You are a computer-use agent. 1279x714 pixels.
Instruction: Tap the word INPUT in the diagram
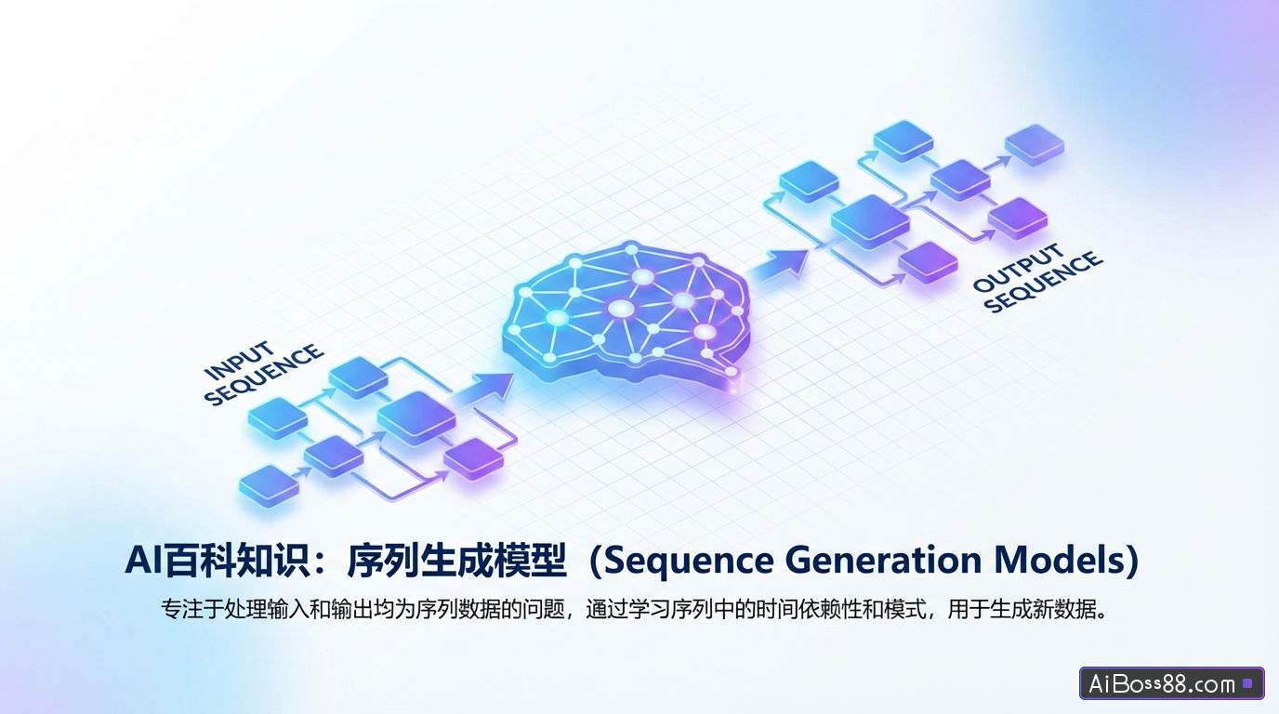239,361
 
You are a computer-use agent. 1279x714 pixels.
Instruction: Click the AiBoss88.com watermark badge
1171,683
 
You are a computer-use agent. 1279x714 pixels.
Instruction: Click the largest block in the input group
415,415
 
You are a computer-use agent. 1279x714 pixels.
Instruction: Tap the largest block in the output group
869,220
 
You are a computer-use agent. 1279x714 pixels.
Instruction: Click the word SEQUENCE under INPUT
264,376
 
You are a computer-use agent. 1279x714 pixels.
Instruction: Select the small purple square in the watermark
1247,684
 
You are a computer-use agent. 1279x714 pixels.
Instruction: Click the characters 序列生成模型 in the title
456,561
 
